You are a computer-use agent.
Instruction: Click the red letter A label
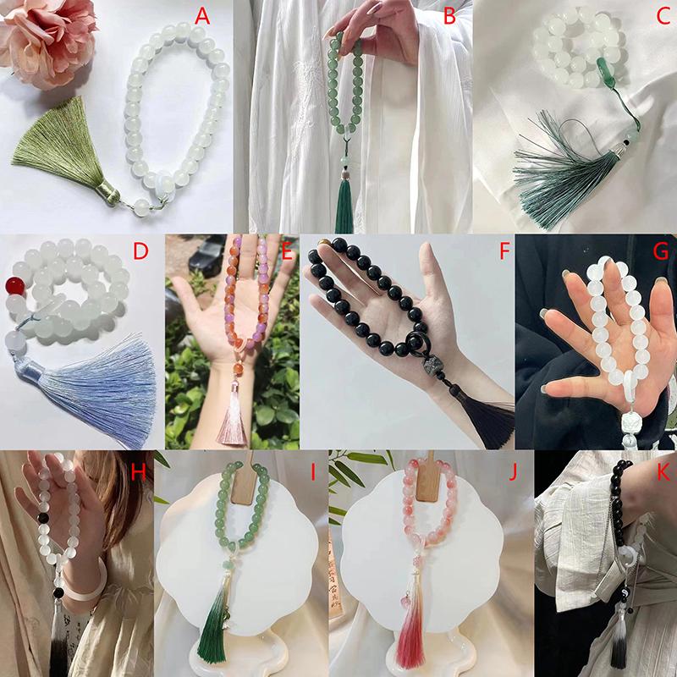coord(202,17)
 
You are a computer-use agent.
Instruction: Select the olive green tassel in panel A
coord(65,150)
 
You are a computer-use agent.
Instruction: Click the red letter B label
coord(449,17)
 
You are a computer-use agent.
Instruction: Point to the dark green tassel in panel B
coord(344,206)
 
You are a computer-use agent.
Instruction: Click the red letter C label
coord(663,16)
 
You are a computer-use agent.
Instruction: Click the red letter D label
coord(140,250)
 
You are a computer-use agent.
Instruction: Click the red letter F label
coord(504,250)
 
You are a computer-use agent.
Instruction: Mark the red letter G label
coord(661,250)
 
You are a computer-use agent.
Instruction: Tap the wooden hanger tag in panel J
coord(428,477)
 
